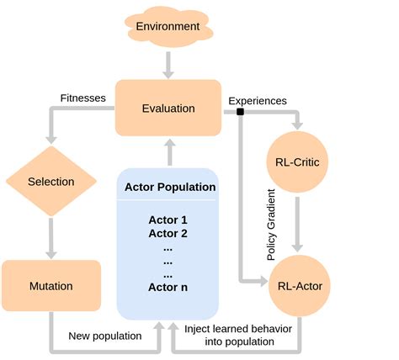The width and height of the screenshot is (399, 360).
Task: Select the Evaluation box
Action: click(x=168, y=108)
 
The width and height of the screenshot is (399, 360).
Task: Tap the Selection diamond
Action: click(x=51, y=182)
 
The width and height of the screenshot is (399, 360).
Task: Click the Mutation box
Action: click(x=51, y=286)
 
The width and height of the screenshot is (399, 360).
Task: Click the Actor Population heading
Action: click(x=169, y=187)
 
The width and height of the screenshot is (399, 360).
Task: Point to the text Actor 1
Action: click(x=168, y=220)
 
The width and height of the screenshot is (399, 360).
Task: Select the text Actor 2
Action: click(x=168, y=233)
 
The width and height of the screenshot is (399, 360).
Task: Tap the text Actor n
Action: click(x=168, y=287)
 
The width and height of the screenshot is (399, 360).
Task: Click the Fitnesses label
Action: click(x=83, y=98)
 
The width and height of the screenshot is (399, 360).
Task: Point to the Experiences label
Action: click(x=257, y=100)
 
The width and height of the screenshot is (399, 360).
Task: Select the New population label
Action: click(x=106, y=336)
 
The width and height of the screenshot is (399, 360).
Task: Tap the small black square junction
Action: click(x=240, y=112)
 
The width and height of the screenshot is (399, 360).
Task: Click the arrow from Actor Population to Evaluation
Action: click(x=168, y=153)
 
